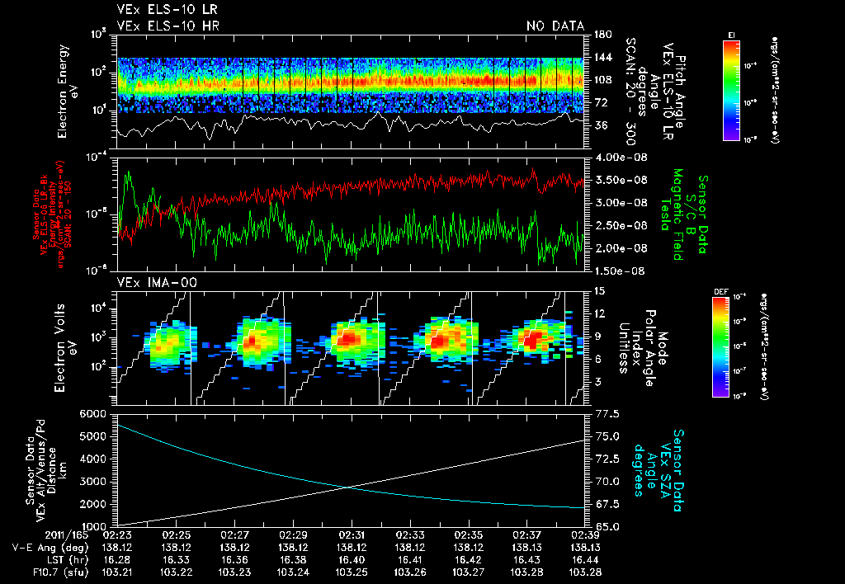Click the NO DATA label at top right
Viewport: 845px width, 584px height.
point(555,26)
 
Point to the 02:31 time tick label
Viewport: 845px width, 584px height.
point(352,535)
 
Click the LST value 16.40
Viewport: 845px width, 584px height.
point(352,558)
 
